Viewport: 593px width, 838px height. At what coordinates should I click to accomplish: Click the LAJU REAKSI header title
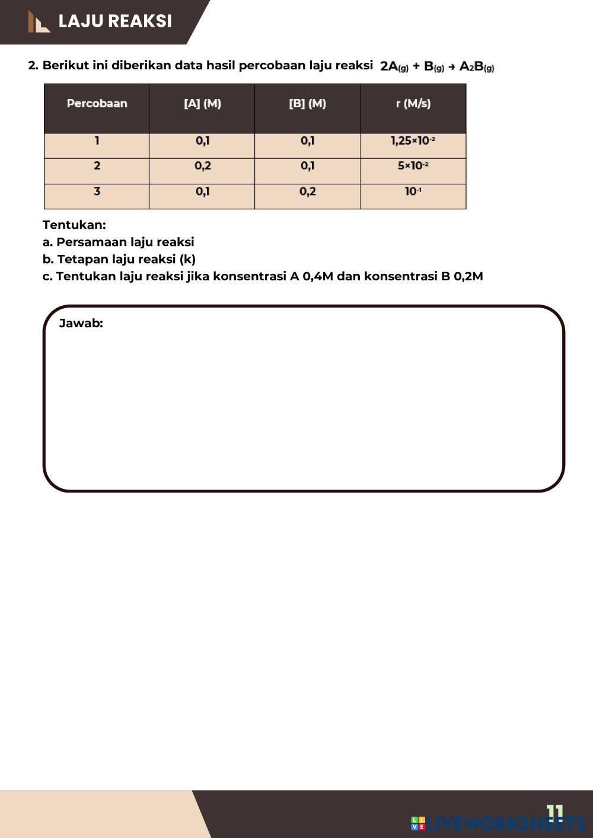point(115,21)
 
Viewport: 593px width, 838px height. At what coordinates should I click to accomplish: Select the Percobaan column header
point(97,104)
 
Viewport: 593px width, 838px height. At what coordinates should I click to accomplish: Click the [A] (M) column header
point(202,104)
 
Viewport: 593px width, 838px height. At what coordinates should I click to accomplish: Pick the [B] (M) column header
point(307,104)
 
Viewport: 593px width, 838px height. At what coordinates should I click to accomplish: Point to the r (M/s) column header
point(413,104)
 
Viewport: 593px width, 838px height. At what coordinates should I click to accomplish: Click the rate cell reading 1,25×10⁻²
point(413,141)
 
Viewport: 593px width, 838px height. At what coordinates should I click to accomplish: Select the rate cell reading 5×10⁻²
point(413,166)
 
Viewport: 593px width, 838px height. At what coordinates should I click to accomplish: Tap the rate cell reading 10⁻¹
point(413,191)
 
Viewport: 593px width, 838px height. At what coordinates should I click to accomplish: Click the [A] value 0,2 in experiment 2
point(202,166)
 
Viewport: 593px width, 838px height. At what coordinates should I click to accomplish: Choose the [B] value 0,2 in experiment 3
point(307,191)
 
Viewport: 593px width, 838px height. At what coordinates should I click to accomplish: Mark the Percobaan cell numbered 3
point(97,191)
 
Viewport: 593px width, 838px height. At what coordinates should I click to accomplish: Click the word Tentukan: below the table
point(74,225)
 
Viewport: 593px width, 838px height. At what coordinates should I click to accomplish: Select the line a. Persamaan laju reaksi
point(119,242)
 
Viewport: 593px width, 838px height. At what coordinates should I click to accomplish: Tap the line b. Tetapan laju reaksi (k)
point(119,260)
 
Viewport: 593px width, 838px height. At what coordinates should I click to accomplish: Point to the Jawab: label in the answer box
point(81,324)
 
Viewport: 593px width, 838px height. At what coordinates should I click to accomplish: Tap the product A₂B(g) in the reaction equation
point(477,66)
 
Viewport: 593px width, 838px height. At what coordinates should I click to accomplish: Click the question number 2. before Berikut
point(33,66)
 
